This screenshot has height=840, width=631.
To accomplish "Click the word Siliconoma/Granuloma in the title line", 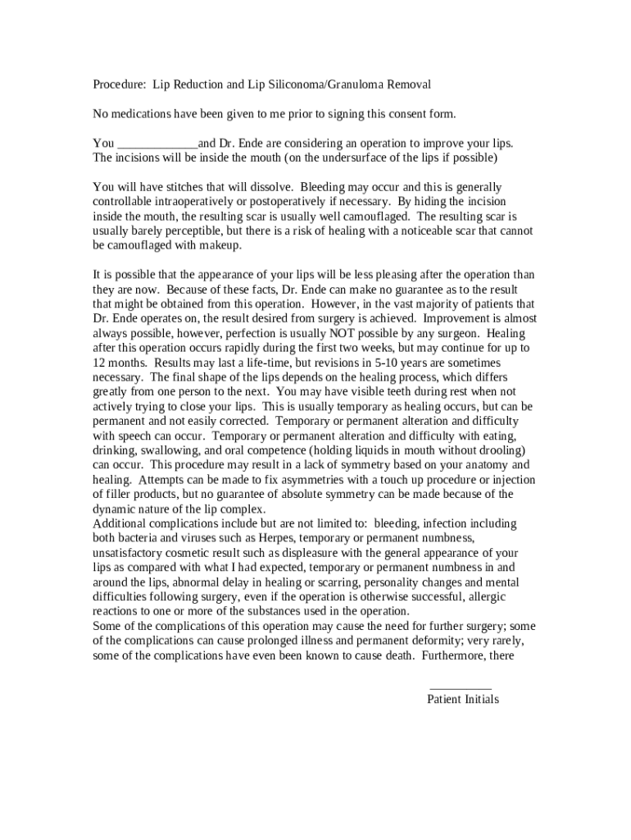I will click(319, 84).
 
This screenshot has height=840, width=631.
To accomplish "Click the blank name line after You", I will click(157, 143).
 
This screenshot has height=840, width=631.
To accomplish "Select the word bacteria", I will click(140, 537).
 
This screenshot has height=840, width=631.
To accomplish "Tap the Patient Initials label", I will click(462, 700).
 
